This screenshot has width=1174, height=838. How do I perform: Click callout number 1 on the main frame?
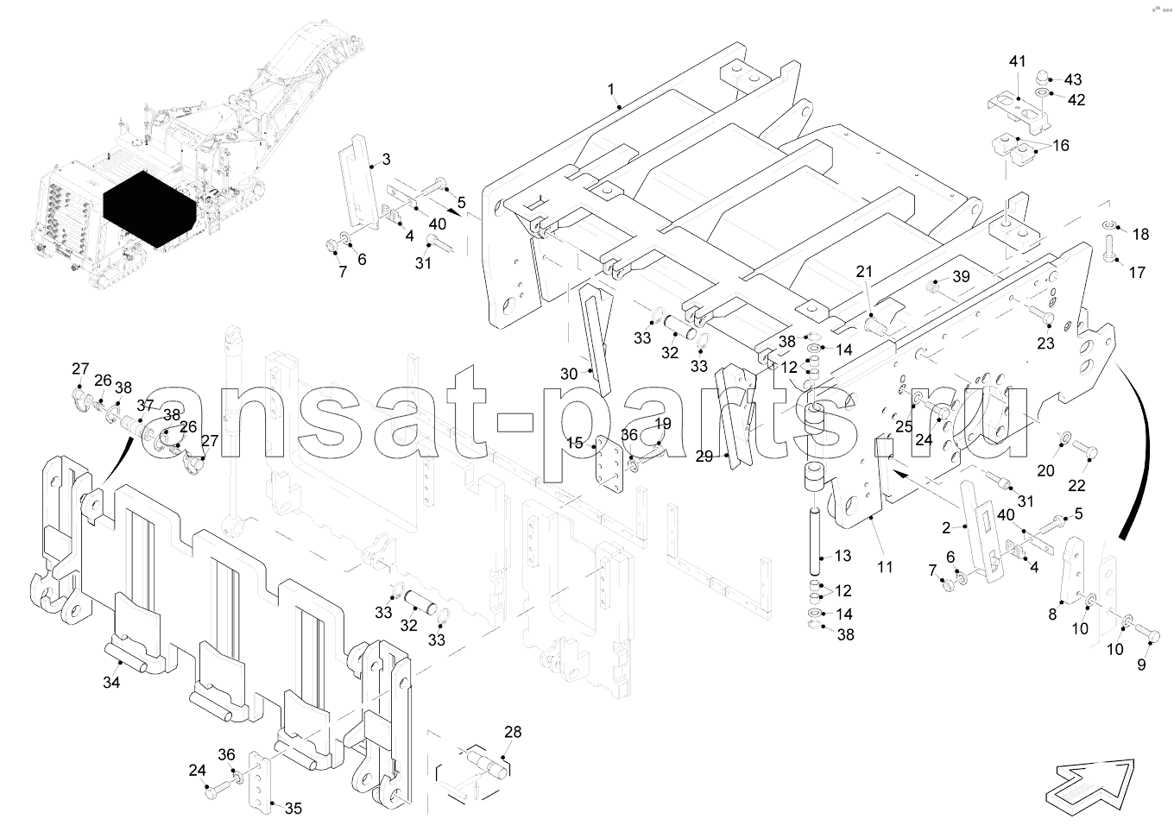pos(610,89)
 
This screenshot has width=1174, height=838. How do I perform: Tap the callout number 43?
pos(1073,79)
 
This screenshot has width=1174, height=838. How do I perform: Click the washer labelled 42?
pos(1043,93)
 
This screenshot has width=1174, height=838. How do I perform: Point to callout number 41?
pos(1017,62)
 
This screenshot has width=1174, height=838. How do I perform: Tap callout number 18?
pos(1140,234)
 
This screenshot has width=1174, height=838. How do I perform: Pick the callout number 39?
pos(962,276)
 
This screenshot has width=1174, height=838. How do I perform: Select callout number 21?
pos(864,272)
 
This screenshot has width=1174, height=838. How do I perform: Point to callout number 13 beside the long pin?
pos(843,556)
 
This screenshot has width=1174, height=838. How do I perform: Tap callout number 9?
pos(1141,665)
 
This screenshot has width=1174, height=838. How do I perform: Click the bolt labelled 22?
pos(1084,450)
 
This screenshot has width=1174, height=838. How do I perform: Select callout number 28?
pos(513,732)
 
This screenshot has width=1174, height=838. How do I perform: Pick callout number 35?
pos(293,808)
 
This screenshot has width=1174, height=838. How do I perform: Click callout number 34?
pos(111,682)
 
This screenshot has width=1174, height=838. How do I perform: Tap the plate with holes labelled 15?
pos(609,463)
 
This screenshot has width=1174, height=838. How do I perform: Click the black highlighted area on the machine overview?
pos(149,209)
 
